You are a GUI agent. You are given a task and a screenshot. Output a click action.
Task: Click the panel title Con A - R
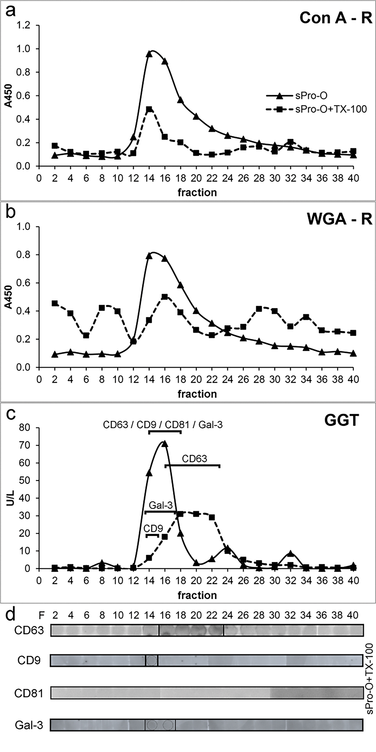click(x=336, y=18)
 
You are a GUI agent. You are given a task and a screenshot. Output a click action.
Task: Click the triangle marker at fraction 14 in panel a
click(x=149, y=54)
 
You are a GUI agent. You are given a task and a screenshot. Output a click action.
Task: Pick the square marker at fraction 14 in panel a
click(x=149, y=109)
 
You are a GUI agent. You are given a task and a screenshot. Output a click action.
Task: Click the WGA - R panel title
click(x=339, y=219)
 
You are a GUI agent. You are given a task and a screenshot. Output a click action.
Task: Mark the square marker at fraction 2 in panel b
click(x=55, y=304)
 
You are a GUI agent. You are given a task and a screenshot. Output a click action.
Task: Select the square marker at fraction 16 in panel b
click(x=165, y=297)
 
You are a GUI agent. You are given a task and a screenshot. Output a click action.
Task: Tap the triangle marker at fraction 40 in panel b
click(x=353, y=354)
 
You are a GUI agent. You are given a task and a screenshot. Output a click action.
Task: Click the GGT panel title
click(x=341, y=421)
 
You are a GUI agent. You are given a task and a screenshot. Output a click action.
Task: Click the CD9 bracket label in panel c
click(x=153, y=529)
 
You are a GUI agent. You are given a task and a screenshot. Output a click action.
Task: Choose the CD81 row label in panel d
click(x=29, y=693)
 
